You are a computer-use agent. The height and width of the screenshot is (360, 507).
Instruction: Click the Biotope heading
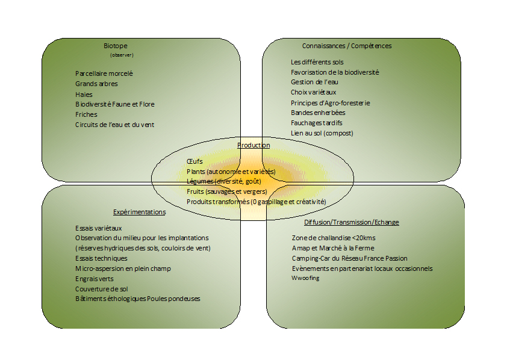tap(115, 46)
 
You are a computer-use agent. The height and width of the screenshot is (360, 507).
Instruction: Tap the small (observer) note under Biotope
tap(122, 55)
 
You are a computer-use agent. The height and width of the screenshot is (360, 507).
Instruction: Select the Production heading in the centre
tap(253, 145)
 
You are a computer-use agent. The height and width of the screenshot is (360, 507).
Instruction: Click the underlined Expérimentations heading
tap(139, 212)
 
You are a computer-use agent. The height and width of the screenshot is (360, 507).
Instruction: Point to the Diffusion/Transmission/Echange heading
tap(351, 222)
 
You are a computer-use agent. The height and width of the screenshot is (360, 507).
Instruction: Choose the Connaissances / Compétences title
tap(346, 46)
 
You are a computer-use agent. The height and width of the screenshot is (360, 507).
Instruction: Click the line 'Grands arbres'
tap(96, 84)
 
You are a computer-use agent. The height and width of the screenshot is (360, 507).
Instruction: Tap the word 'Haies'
tap(84, 94)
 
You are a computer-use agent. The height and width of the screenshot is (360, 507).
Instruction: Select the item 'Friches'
tap(86, 114)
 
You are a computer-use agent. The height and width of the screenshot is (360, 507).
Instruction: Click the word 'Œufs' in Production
tap(194, 161)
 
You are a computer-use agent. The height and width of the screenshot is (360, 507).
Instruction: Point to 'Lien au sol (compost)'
tap(322, 133)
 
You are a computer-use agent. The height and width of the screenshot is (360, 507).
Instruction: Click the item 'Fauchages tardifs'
tap(316, 123)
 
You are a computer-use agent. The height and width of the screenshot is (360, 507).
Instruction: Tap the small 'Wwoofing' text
tap(305, 278)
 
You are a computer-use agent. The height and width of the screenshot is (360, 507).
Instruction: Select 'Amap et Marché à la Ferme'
tap(332, 247)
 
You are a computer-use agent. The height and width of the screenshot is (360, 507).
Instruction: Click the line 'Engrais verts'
tap(94, 279)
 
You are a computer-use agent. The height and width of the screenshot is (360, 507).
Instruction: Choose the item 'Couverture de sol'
tap(101, 289)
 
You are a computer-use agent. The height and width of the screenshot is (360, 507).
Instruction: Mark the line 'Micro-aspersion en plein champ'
tap(123, 268)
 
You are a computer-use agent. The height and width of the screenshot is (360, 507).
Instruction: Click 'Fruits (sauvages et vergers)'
tap(226, 191)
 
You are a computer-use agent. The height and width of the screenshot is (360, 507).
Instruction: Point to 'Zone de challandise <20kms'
tap(332, 237)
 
